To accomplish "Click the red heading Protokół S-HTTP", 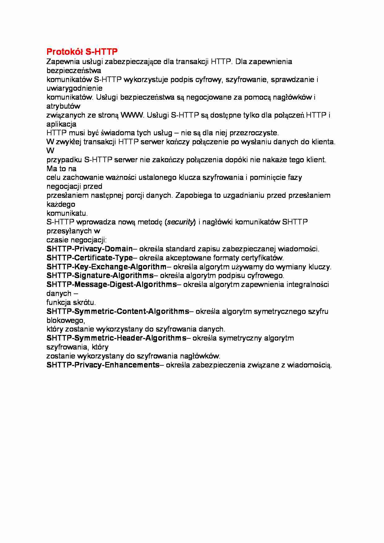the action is point(82,51).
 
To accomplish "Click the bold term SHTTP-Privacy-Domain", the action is point(89,249).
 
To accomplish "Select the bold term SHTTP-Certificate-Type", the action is point(89,258).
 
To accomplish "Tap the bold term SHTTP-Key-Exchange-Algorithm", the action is point(107,267).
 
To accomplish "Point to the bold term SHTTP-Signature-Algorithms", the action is point(100,276).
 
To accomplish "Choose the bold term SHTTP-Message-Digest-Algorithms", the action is point(111,285).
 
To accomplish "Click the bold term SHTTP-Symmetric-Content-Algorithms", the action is point(118,311).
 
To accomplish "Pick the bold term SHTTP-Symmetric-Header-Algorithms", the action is point(116,338).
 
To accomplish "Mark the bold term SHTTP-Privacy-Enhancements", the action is point(103,365).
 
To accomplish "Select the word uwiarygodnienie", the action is point(74,88).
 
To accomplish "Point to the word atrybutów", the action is point(63,106).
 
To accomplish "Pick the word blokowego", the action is point(65,320).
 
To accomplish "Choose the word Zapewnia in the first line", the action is point(61,62).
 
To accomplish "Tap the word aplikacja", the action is point(61,124).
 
